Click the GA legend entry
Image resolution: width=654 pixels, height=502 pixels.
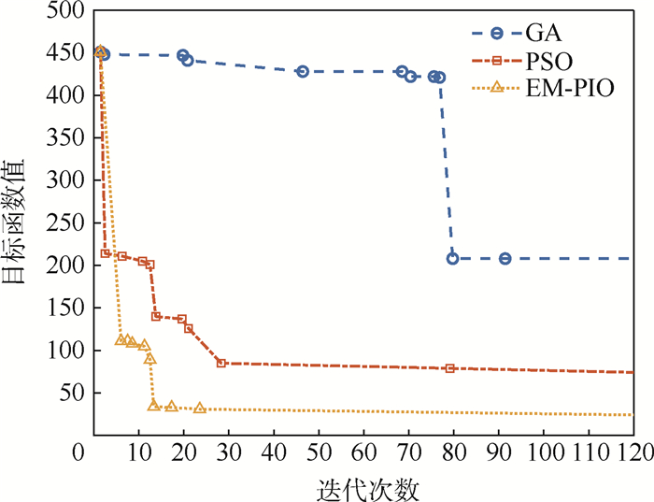pyautogui.click(x=541, y=34)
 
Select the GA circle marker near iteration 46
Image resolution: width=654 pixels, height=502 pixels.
pyautogui.click(x=303, y=72)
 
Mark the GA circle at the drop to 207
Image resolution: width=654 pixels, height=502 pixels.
pyautogui.click(x=453, y=259)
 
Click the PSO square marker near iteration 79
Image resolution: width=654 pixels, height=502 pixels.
pyautogui.click(x=450, y=368)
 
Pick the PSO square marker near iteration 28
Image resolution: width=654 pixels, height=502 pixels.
pyautogui.click(x=221, y=363)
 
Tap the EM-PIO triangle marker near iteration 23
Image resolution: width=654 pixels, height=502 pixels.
pyautogui.click(x=200, y=408)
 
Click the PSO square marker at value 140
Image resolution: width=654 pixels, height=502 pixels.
pyautogui.click(x=156, y=316)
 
